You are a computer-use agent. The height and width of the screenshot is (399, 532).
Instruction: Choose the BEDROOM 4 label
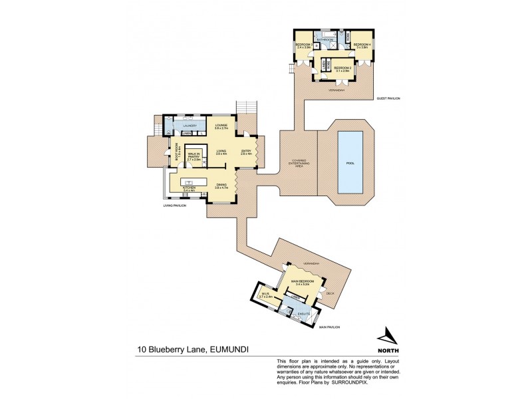(362, 46)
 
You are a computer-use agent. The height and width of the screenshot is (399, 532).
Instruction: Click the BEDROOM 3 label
(304, 46)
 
